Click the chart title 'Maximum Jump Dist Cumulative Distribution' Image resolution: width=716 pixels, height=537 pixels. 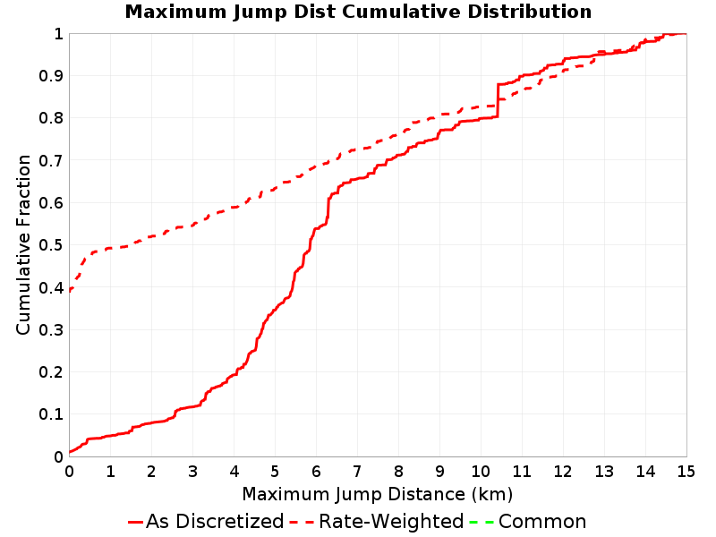[358, 12]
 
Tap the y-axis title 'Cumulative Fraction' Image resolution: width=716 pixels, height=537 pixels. [23, 244]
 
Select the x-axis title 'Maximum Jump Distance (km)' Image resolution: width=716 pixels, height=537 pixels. [377, 495]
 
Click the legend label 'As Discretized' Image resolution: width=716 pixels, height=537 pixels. [215, 522]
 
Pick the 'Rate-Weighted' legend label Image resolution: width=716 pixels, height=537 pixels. [391, 522]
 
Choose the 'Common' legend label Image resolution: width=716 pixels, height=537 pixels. [542, 522]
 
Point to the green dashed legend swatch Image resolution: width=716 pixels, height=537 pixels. [482, 522]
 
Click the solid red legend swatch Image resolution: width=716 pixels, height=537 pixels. [136, 522]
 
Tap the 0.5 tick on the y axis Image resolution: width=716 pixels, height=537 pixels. [51, 245]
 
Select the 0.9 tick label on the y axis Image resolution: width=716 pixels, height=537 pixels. [51, 76]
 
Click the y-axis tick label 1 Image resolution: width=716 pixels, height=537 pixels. [58, 34]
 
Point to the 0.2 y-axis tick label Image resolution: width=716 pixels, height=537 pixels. [51, 372]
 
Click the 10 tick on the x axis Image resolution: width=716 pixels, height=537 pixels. [481, 472]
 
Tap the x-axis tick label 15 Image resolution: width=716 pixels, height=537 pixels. [686, 472]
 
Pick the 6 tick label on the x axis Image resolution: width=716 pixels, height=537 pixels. [316, 472]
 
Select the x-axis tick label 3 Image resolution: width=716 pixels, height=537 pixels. [192, 472]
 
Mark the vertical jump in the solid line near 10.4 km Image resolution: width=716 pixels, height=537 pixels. [498, 100]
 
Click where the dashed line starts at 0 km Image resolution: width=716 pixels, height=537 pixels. [70, 290]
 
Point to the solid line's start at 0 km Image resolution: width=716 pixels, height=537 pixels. [70, 452]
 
